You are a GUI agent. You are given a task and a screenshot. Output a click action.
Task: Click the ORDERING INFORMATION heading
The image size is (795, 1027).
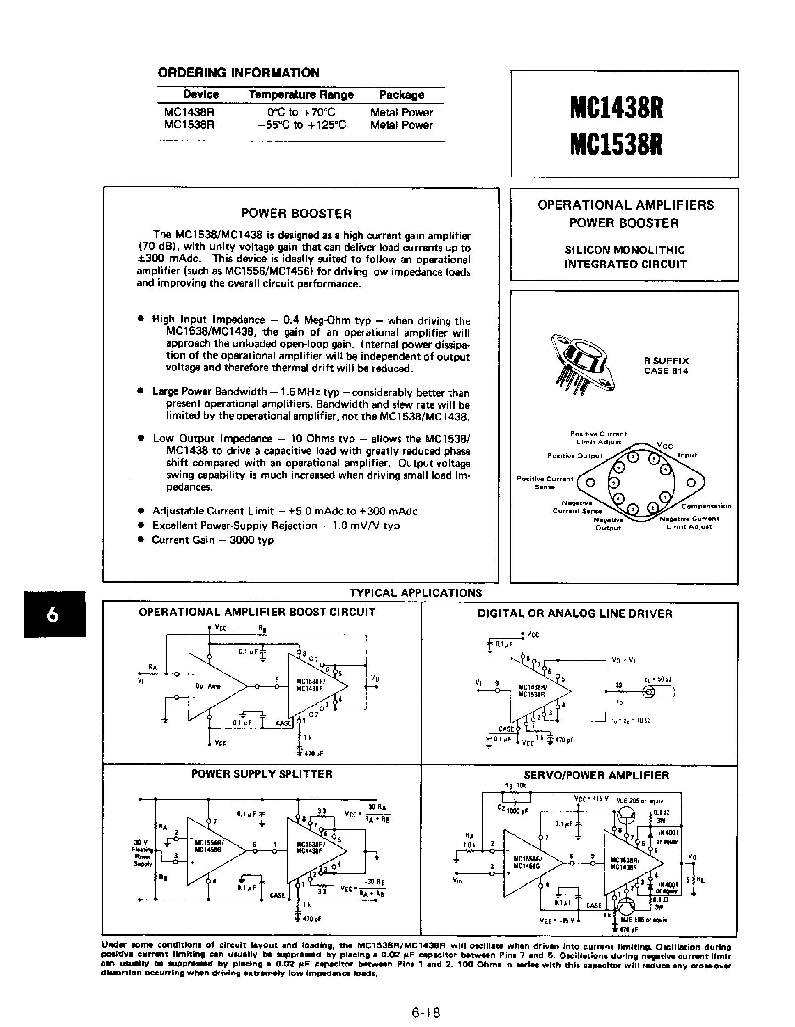tap(239, 73)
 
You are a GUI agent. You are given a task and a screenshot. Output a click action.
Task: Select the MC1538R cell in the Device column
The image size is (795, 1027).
tap(189, 125)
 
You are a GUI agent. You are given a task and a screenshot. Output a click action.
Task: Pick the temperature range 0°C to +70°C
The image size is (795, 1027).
tap(301, 112)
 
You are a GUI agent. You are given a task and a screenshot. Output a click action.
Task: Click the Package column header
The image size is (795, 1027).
tap(401, 94)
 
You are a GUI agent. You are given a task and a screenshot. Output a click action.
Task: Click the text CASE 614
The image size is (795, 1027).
tap(666, 370)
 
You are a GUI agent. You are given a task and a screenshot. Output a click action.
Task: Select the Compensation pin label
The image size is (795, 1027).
tap(706, 506)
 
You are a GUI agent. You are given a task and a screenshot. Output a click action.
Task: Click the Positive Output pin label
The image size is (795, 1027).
tap(574, 456)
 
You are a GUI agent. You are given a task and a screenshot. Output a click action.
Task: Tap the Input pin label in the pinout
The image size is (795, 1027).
tap(687, 455)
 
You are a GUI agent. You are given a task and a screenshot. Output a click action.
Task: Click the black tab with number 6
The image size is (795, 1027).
tap(55, 614)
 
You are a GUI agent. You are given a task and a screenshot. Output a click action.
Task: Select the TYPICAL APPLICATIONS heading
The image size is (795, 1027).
tap(415, 592)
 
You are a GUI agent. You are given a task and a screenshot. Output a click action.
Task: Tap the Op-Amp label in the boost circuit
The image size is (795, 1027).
tap(207, 686)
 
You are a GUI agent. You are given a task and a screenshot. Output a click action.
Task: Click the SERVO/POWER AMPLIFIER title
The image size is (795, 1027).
tap(596, 775)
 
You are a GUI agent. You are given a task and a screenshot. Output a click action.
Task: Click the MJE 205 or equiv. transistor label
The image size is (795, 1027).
tap(640, 801)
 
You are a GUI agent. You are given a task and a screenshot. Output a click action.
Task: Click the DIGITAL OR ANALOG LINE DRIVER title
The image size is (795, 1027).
tap(575, 613)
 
